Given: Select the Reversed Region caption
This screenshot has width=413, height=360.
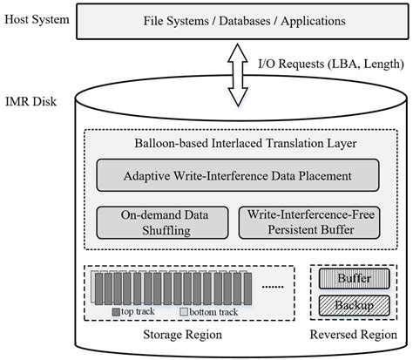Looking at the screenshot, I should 348,335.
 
